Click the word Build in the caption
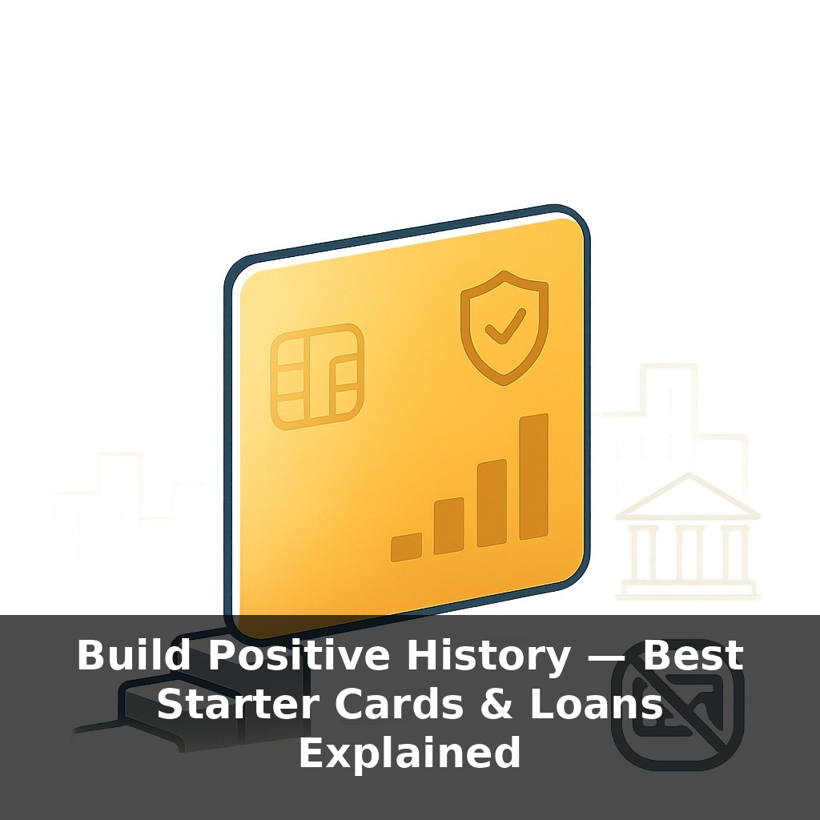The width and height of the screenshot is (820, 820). click(x=134, y=657)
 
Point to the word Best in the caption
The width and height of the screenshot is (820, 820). click(x=693, y=657)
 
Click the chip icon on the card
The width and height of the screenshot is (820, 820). click(x=317, y=375)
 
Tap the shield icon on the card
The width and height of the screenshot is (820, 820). click(x=504, y=326)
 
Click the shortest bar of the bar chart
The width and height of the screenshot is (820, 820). click(x=406, y=547)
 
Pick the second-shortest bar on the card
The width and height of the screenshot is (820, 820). click(x=448, y=526)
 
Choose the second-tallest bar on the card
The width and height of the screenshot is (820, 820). click(x=492, y=503)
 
